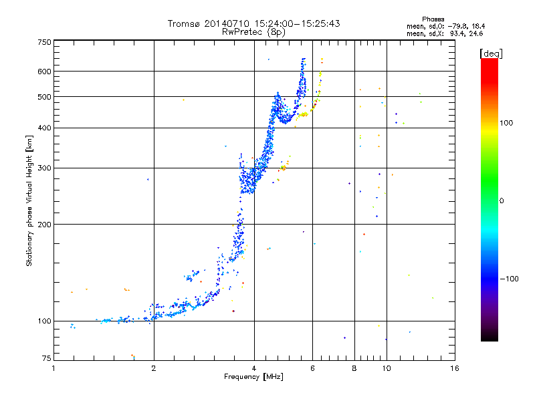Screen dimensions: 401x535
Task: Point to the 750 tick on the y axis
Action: tap(44, 42)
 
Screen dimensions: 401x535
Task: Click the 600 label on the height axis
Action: tap(44, 72)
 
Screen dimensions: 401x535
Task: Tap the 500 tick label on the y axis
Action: tap(44, 97)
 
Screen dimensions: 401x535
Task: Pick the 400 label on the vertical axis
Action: tap(44, 128)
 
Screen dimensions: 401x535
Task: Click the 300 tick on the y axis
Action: tap(44, 168)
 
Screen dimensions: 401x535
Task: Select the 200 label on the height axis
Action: tap(44, 224)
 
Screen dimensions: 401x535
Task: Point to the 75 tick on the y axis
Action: tap(46, 360)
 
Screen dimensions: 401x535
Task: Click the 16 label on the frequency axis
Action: tap(454, 368)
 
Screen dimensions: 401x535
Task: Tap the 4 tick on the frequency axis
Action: tap(254, 368)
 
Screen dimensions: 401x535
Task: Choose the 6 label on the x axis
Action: tap(312, 368)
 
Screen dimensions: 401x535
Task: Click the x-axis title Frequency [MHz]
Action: tap(253, 377)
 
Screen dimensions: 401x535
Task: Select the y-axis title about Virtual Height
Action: tap(29, 200)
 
